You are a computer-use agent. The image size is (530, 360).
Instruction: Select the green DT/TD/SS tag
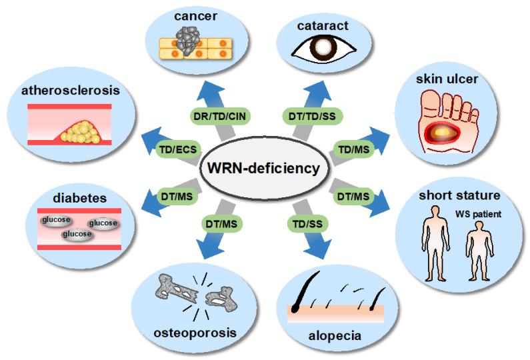click(x=311, y=115)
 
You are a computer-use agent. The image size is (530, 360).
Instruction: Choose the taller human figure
click(x=439, y=243)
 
